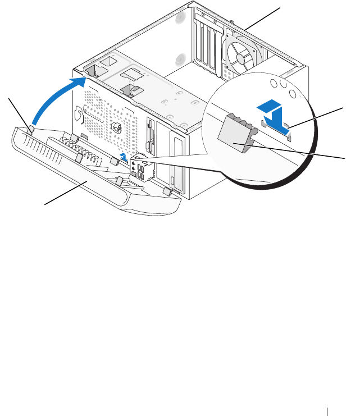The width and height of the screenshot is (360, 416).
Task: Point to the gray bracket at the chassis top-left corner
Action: point(94,71)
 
